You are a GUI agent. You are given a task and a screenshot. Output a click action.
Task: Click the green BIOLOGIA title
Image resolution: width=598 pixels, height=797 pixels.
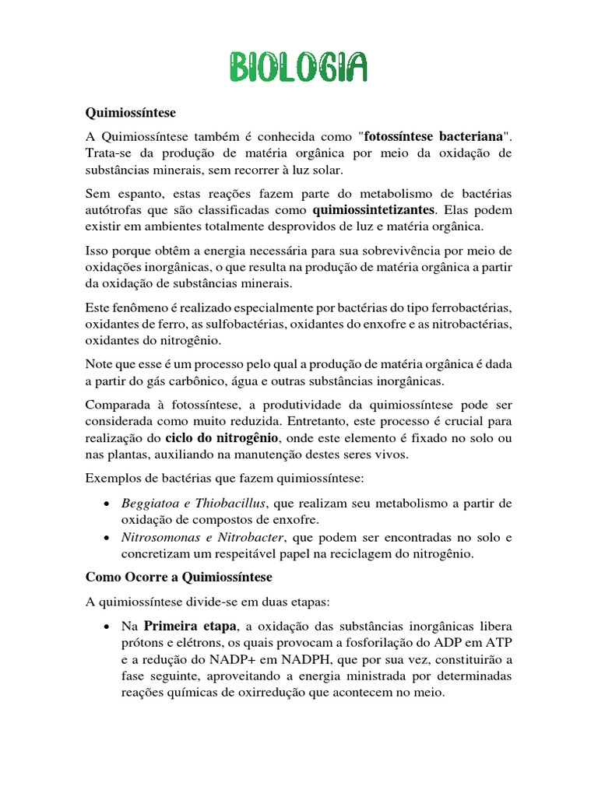point(298,68)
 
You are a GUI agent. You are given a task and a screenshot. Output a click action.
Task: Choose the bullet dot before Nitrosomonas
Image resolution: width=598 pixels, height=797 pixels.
point(105,538)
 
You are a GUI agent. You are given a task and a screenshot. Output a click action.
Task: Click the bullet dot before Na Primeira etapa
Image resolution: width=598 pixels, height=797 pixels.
point(105,627)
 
